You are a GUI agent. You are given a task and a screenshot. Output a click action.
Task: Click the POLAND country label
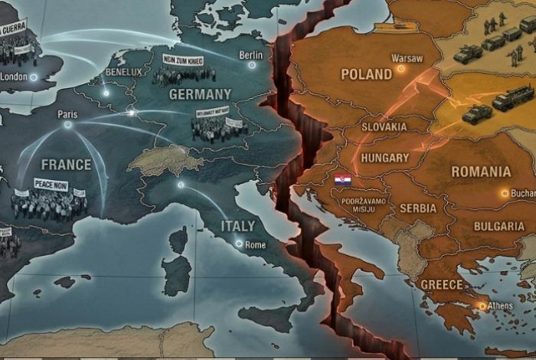(367, 75)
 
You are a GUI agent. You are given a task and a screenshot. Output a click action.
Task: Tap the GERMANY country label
(200, 94)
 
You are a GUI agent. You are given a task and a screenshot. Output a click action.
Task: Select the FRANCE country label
(66, 165)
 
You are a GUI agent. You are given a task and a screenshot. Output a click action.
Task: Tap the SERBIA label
(417, 208)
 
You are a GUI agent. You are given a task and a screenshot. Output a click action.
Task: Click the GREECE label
(442, 285)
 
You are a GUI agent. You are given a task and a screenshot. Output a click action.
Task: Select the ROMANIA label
(480, 172)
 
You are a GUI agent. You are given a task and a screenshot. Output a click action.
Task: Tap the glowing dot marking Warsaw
(400, 70)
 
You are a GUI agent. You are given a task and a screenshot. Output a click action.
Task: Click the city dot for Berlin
(251, 66)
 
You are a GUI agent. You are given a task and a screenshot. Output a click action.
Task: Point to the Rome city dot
(240, 244)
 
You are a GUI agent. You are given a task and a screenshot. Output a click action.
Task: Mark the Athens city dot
(482, 306)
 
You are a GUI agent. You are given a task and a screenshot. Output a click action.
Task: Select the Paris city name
(67, 115)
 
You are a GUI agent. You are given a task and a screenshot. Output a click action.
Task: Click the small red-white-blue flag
(342, 180)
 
